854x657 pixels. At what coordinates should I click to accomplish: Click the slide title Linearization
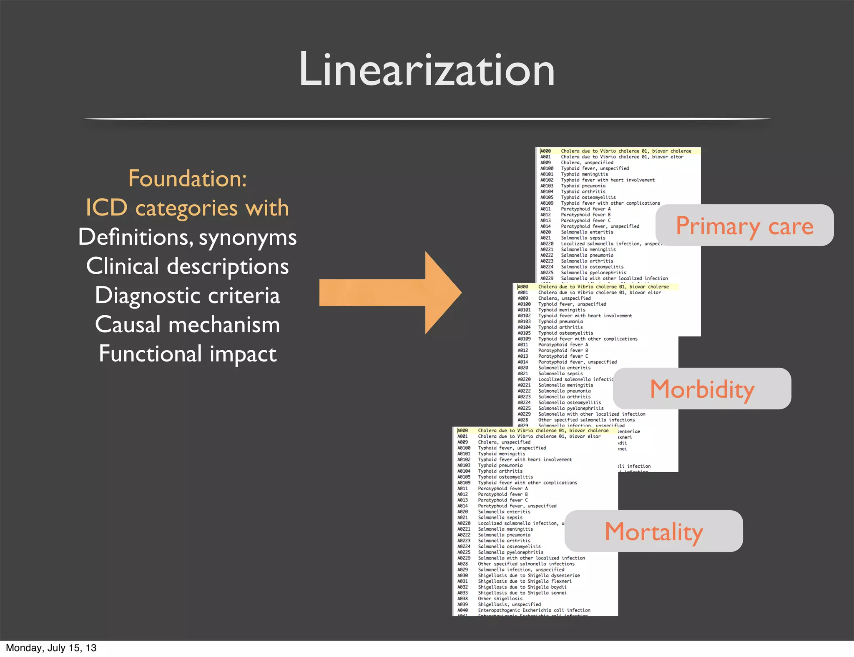tap(427, 69)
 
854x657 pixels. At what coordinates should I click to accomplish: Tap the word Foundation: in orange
tap(187, 178)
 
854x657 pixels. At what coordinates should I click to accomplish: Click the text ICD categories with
tap(187, 208)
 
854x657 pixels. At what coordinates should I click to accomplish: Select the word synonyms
tap(248, 238)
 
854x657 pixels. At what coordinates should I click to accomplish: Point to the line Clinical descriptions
tap(187, 266)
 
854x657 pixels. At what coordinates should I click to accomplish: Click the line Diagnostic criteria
tap(187, 295)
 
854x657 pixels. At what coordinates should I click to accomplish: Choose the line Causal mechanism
tap(187, 324)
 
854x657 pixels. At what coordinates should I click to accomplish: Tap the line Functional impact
tap(187, 354)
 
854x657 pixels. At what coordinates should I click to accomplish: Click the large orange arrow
tap(390, 293)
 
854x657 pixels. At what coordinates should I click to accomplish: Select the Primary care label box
tap(744, 226)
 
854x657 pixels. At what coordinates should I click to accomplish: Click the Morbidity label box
tap(702, 389)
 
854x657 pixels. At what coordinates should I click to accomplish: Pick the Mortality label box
tap(654, 532)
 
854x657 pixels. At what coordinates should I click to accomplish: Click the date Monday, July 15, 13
tap(51, 648)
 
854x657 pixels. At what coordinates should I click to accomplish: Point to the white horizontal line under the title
tap(427, 119)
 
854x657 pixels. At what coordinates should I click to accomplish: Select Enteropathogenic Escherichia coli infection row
tap(534, 610)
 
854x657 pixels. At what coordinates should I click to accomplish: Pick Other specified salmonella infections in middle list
tap(586, 420)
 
